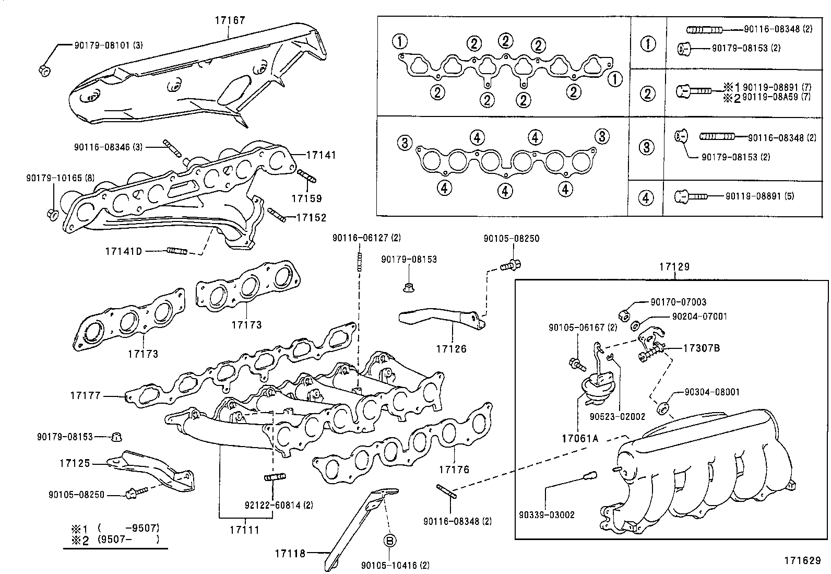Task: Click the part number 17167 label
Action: [230, 20]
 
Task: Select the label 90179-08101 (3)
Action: [108, 45]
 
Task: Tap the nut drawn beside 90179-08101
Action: [44, 69]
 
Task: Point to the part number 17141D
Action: [123, 251]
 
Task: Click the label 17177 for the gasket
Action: [85, 396]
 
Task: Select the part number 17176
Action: [454, 470]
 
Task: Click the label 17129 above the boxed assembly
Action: [674, 267]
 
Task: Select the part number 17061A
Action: [580, 439]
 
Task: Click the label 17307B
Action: [702, 348]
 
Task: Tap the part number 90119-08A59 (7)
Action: [776, 97]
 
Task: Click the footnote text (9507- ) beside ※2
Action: [128, 540]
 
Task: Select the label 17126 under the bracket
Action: [452, 349]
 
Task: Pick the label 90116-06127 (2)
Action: [366, 238]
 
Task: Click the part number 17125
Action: [75, 463]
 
